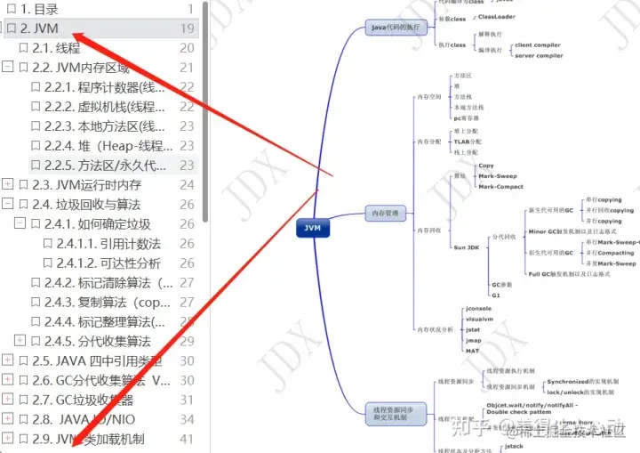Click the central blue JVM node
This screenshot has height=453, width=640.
click(x=312, y=228)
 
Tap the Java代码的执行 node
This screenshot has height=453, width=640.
click(x=395, y=28)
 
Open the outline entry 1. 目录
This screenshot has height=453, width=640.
click(x=39, y=9)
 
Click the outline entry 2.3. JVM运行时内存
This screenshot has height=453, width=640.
click(x=86, y=185)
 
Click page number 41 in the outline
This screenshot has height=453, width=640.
click(x=187, y=440)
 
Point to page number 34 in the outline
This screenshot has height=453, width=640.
click(x=187, y=420)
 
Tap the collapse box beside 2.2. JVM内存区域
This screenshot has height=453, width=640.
click(x=8, y=68)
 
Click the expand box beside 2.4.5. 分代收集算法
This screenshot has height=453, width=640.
click(x=20, y=342)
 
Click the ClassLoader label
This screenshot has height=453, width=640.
click(x=499, y=17)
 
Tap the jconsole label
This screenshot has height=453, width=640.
click(x=478, y=308)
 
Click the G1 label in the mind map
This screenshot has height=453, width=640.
click(x=496, y=294)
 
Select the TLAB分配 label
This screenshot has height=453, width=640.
click(x=468, y=142)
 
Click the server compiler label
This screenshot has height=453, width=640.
click(x=538, y=55)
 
